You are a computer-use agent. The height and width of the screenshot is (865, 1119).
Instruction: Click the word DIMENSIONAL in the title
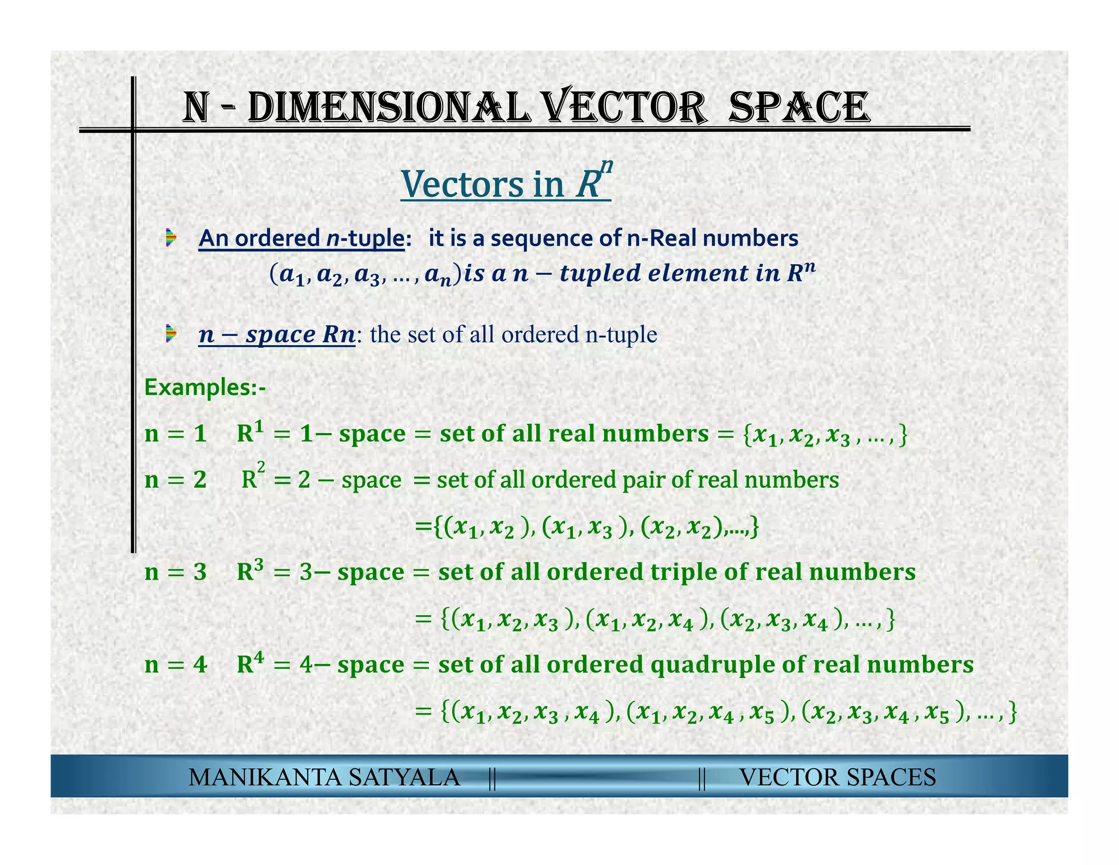[388, 107]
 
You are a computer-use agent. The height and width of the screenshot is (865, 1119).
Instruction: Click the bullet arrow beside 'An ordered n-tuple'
[172, 238]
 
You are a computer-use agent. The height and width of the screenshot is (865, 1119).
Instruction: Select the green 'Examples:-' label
[205, 388]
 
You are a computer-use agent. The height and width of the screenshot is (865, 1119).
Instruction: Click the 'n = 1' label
[175, 434]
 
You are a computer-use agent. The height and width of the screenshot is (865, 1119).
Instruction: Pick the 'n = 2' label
[175, 480]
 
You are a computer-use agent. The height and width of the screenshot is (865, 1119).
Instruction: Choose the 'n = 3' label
[175, 572]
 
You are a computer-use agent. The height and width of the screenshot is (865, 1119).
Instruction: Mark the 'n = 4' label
[175, 665]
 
